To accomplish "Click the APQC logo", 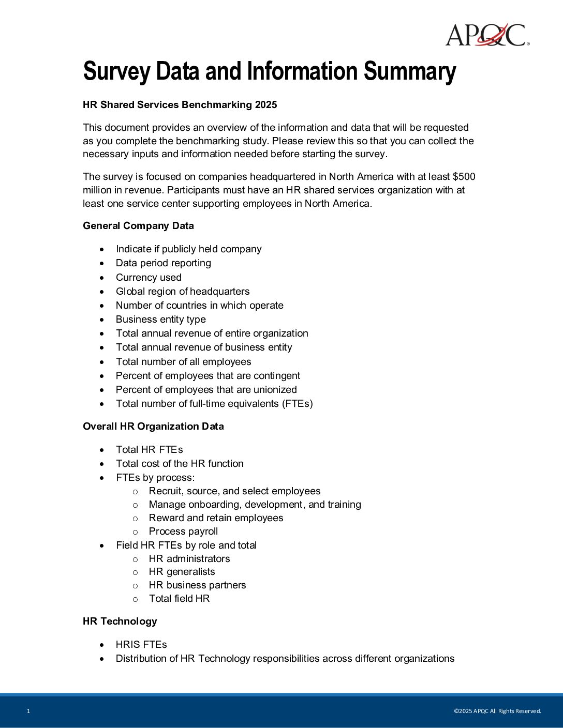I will pos(487,35).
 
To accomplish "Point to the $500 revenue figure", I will pos(464,177).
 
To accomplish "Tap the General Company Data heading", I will pos(138,226).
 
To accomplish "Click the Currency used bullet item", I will pos(149,278).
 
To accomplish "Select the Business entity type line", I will pos(160,320).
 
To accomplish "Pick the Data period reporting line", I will pos(164,263).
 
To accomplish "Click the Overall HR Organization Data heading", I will pos(153,427).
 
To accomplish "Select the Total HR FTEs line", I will pos(149,450).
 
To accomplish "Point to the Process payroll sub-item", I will pos(183,532).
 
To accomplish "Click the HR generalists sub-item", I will pos(182,572).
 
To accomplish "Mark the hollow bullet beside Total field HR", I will pos(136,599).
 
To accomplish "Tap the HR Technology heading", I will pos(120,621).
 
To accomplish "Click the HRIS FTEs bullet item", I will pos(141,645).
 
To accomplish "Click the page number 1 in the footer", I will pos(28,711).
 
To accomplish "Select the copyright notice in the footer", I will pos(497,711).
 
